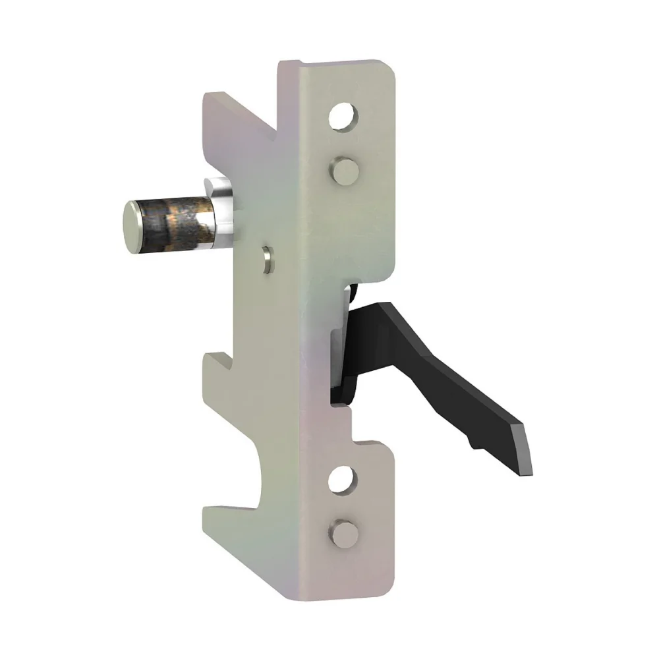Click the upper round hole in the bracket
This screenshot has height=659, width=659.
click(343, 117)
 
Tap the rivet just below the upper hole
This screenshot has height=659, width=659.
click(343, 171)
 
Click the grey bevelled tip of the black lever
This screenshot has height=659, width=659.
click(527, 449)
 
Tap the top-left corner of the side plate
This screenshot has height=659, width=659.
click(210, 99)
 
